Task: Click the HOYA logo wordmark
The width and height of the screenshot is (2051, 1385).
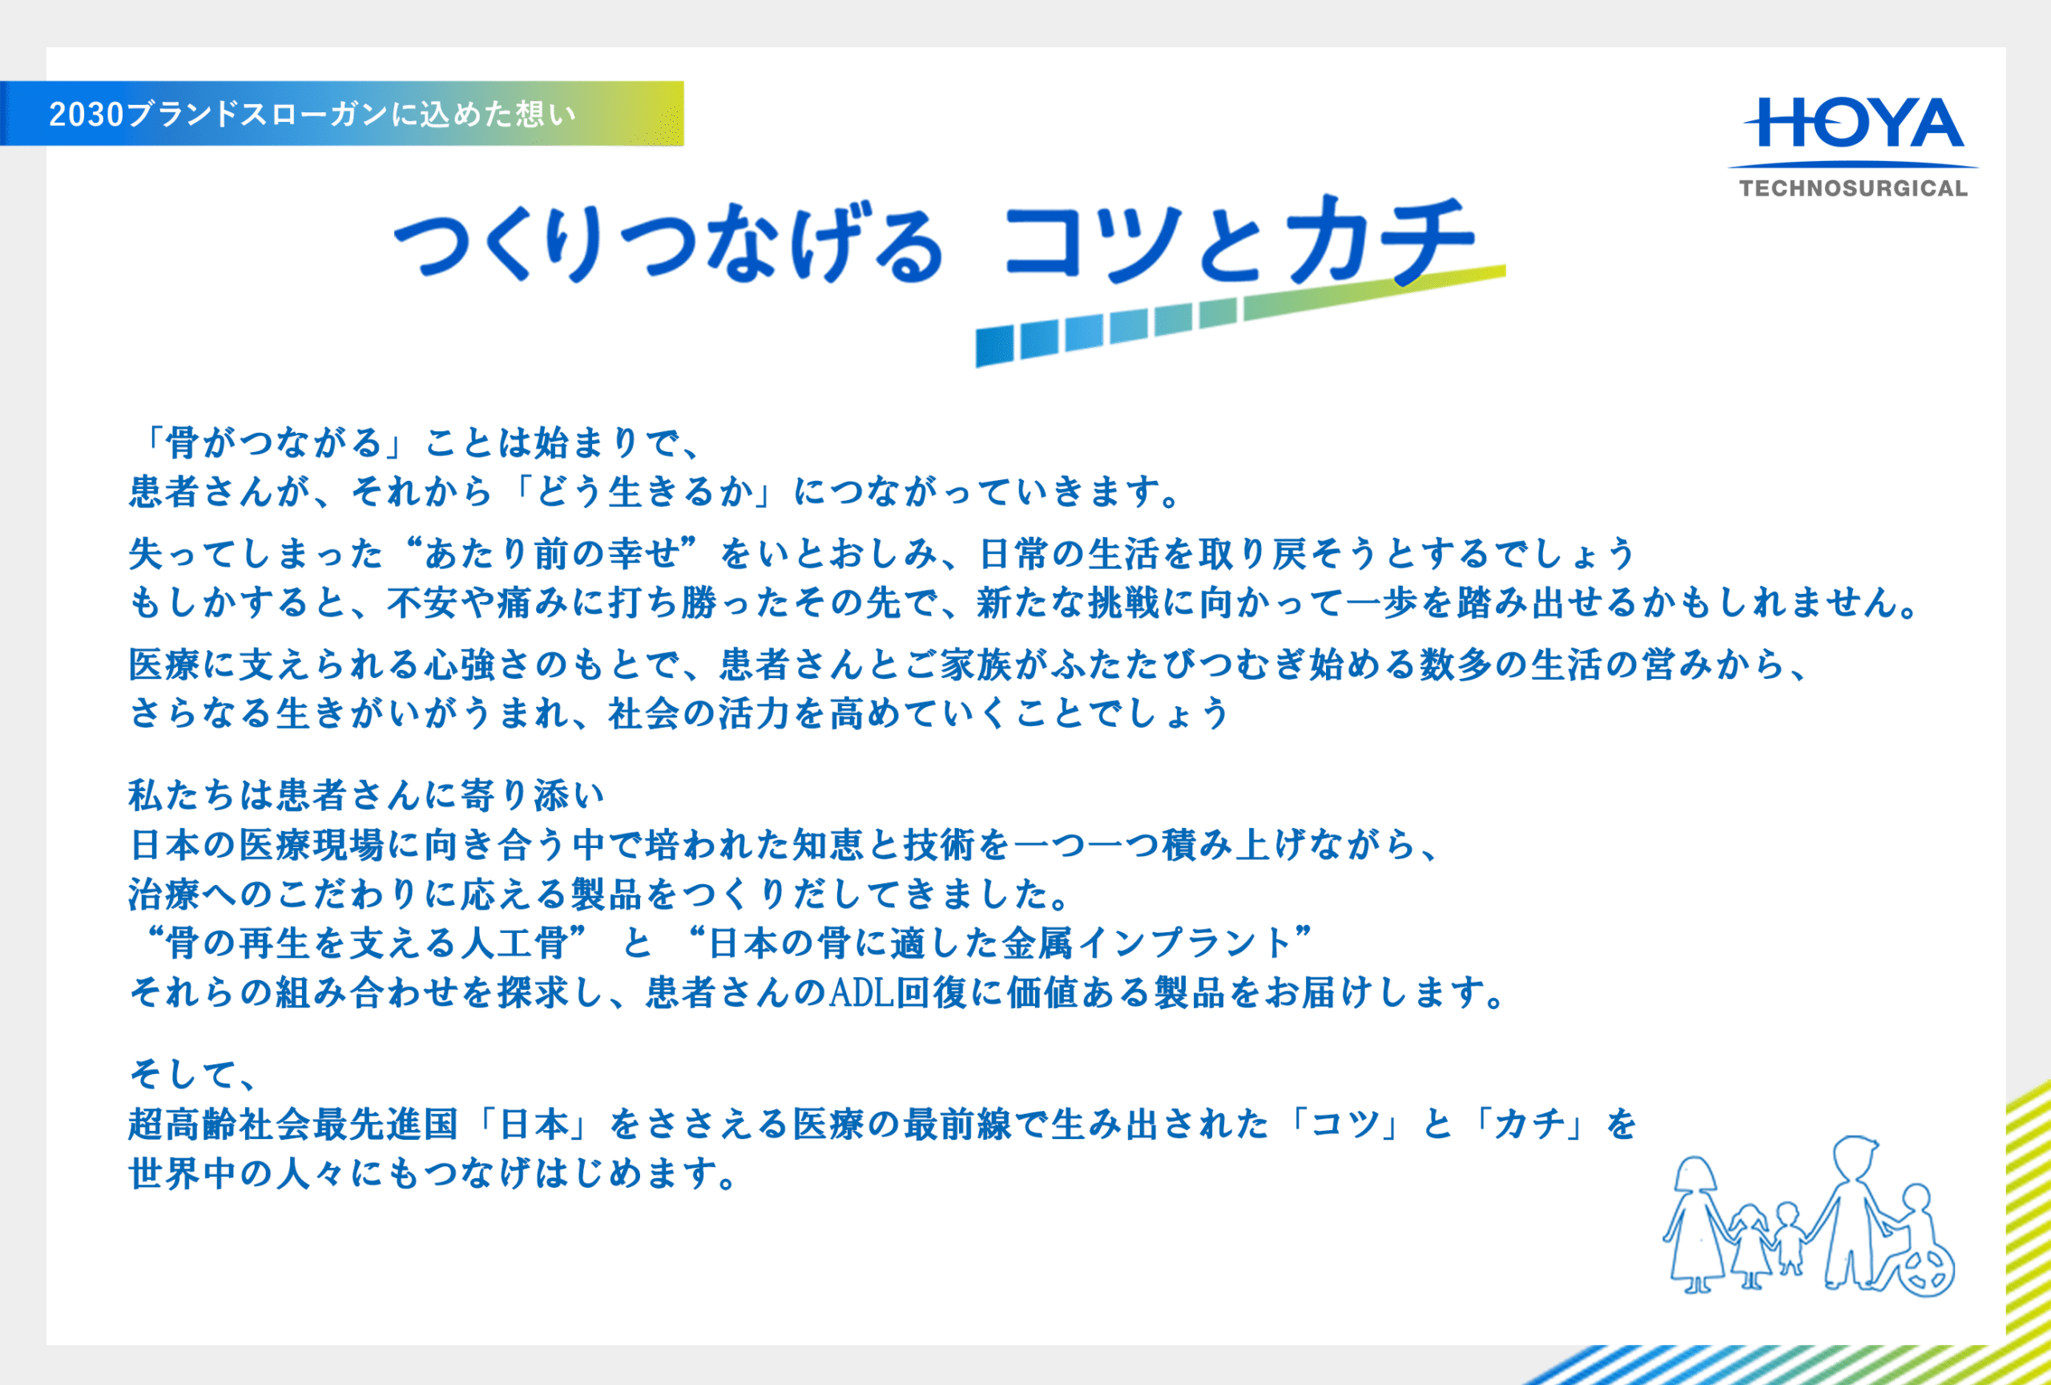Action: click(1854, 123)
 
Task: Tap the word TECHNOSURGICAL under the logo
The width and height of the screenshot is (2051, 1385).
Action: click(1853, 188)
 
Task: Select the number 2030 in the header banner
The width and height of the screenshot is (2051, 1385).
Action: click(86, 114)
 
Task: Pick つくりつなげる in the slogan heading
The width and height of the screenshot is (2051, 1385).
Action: click(669, 243)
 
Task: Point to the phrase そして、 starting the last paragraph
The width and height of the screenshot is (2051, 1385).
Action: click(192, 1074)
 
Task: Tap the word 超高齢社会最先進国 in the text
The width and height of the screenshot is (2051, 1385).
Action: click(294, 1124)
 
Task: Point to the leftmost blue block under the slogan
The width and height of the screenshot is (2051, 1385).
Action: click(994, 346)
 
